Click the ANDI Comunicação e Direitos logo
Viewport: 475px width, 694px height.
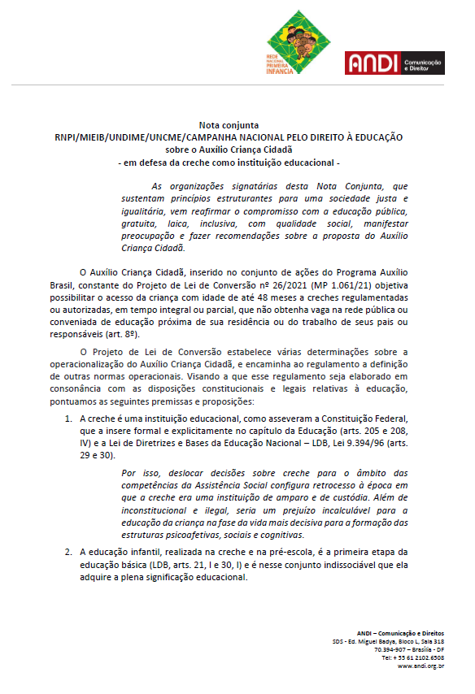coord(394,63)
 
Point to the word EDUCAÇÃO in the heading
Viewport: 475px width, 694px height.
coord(375,138)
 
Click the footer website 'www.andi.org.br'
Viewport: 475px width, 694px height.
coord(421,666)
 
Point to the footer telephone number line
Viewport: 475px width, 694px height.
coord(413,657)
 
